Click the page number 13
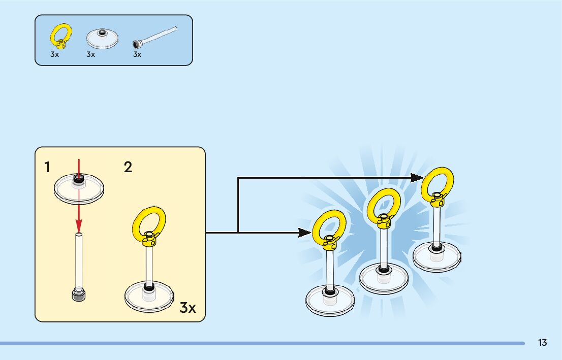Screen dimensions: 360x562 point(543,343)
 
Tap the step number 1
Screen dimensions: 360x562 point(47,167)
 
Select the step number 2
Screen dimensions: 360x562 point(128,167)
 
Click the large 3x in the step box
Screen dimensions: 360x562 point(188,307)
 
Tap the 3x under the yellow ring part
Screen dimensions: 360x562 point(55,54)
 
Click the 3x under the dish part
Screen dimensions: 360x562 point(90,54)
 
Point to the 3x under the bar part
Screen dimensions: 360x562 point(137,54)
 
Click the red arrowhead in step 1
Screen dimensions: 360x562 point(79,224)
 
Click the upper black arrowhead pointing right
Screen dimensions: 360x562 point(418,177)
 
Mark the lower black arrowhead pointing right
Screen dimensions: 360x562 point(305,233)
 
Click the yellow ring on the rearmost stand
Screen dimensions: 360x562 point(438,182)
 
